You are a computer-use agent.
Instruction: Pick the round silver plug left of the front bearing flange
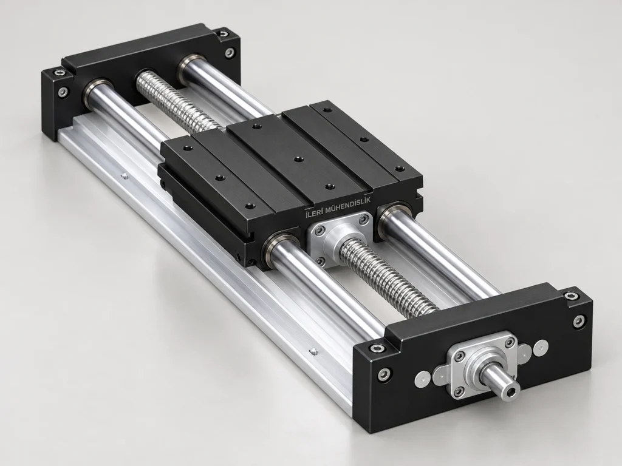coord(422,379)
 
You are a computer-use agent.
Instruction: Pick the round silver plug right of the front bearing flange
coord(541,348)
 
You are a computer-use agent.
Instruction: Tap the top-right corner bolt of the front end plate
coord(571,296)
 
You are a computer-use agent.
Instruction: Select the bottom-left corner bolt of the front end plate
coord(384,374)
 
